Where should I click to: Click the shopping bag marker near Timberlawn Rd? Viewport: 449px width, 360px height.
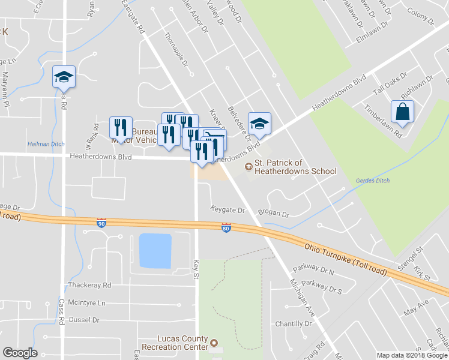click(402, 112)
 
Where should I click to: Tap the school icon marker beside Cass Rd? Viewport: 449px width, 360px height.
click(64, 77)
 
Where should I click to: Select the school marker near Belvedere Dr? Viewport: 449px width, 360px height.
click(259, 124)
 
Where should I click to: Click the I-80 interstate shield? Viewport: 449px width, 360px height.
click(226, 229)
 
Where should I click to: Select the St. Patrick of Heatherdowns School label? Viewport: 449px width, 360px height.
click(295, 167)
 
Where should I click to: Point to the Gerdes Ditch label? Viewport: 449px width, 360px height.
click(373, 181)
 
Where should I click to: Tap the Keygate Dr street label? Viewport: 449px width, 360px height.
click(228, 211)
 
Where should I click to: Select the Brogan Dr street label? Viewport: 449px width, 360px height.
click(273, 213)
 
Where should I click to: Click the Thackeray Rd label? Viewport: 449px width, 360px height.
click(90, 285)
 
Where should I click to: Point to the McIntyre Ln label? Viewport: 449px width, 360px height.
click(86, 303)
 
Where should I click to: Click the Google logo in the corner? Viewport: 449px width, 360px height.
click(20, 352)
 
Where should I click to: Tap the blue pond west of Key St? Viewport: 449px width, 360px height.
click(155, 250)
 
